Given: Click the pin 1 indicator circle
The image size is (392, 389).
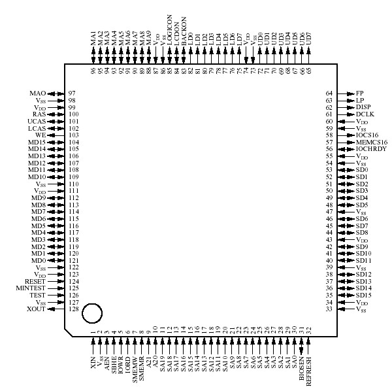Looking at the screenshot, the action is [x=93, y=313].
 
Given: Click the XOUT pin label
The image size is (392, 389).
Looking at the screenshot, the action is [x=37, y=309].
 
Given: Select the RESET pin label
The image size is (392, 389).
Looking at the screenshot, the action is [x=35, y=281].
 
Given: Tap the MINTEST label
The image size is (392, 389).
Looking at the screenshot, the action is [x=32, y=288].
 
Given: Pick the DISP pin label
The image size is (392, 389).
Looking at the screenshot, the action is [x=363, y=108].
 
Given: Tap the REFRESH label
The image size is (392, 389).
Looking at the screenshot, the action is [x=309, y=367].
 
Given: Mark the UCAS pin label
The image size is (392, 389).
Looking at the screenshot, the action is [x=37, y=122].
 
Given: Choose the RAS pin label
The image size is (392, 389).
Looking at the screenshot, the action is [x=39, y=114].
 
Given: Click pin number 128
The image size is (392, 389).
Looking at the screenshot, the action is [x=73, y=309].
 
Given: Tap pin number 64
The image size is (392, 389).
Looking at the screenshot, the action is [x=329, y=93].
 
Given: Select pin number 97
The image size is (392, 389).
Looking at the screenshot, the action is [x=73, y=93].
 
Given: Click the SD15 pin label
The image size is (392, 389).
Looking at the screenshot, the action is [x=364, y=296].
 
